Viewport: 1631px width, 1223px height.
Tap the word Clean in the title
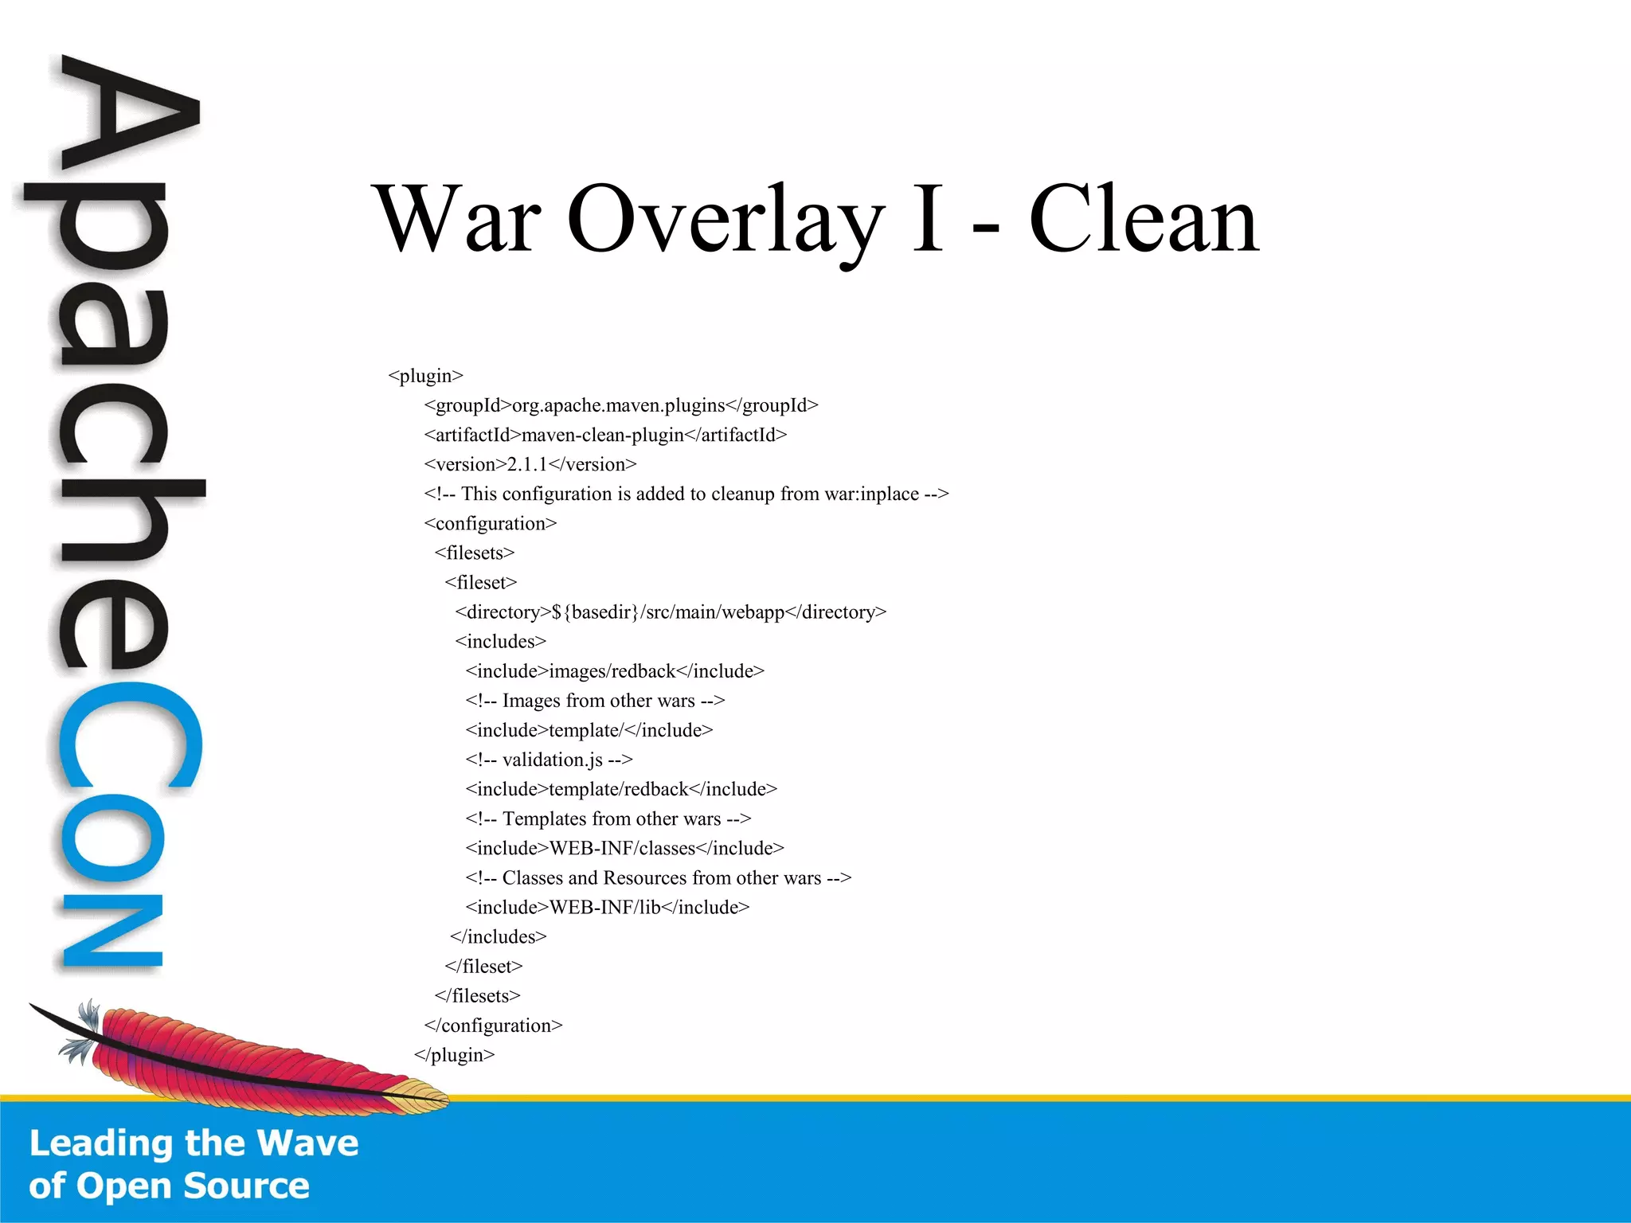[1144, 219]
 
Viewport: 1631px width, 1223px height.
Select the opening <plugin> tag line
[425, 376]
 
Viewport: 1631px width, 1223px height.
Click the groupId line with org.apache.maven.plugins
[621, 405]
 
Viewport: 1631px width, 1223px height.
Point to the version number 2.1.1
[527, 464]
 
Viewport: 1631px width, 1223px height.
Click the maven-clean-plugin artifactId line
[605, 435]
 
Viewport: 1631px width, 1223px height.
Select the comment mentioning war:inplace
[686, 494]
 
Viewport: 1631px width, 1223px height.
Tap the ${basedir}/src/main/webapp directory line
[671, 612]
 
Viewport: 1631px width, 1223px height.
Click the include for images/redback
[615, 671]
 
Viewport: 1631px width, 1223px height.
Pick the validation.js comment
[549, 760]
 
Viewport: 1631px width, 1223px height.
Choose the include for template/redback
[621, 789]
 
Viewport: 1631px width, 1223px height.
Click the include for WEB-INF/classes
[624, 848]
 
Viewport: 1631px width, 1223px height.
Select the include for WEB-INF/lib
[607, 907]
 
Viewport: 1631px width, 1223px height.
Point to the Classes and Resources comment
[658, 877]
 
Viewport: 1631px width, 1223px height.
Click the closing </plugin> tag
[454, 1055]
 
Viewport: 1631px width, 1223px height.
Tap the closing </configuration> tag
[493, 1026]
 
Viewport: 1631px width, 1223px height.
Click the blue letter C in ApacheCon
[127, 737]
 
